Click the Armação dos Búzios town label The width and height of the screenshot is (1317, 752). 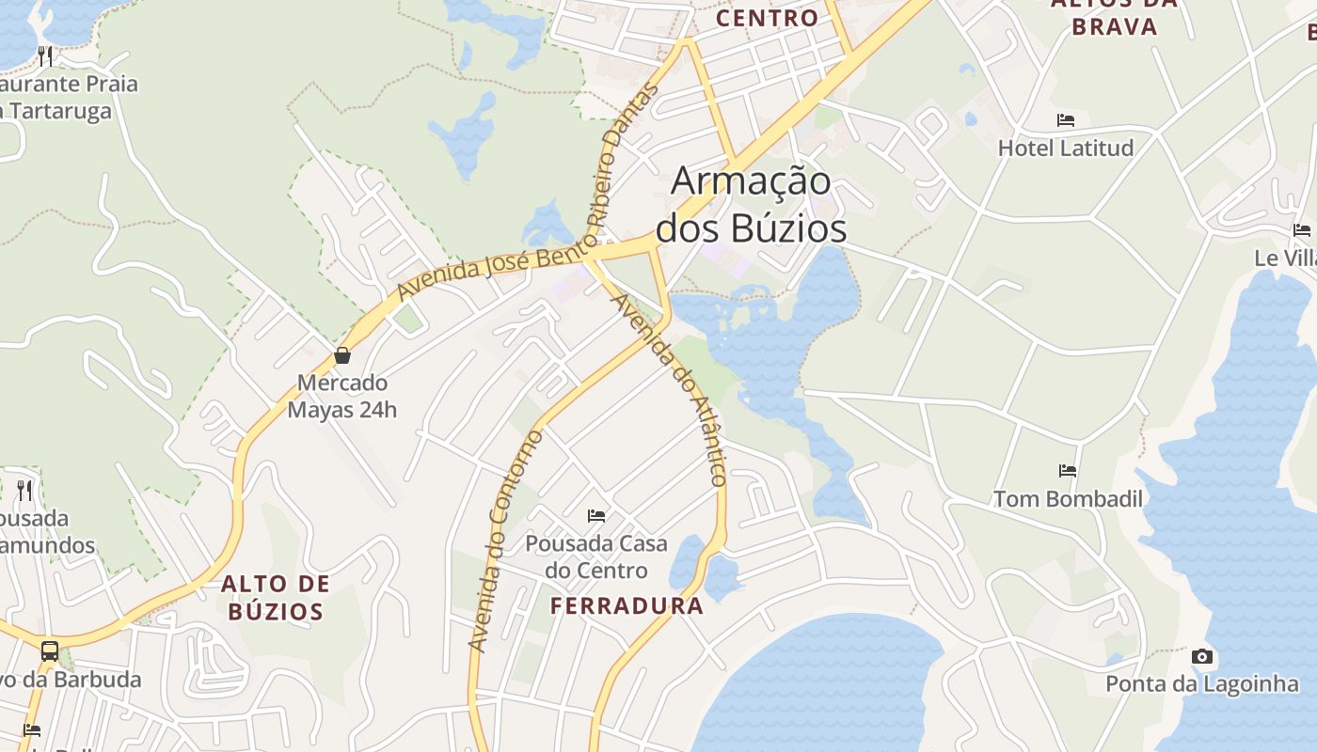point(751,205)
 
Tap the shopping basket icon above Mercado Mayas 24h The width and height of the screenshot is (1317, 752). point(342,355)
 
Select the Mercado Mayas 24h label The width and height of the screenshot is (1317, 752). point(342,397)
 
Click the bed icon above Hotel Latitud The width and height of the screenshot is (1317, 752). point(1066,120)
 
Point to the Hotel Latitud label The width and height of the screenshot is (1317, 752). point(1066,148)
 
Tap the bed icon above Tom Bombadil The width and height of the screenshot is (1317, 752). point(1068,470)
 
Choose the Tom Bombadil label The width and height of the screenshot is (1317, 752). point(1068,498)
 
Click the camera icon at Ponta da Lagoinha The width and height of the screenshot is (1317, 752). point(1201,656)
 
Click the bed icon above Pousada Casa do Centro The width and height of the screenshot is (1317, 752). point(596,515)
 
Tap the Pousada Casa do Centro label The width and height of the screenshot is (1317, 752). point(596,556)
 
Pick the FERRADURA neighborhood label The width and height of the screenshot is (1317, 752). point(627,606)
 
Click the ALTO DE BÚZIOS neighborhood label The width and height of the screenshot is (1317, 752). point(276,598)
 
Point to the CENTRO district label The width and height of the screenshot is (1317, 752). point(768,18)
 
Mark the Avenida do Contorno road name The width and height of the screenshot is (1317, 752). point(505,541)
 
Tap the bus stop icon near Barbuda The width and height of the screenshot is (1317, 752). point(49,650)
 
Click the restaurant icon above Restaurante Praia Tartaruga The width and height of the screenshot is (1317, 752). point(45,55)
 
